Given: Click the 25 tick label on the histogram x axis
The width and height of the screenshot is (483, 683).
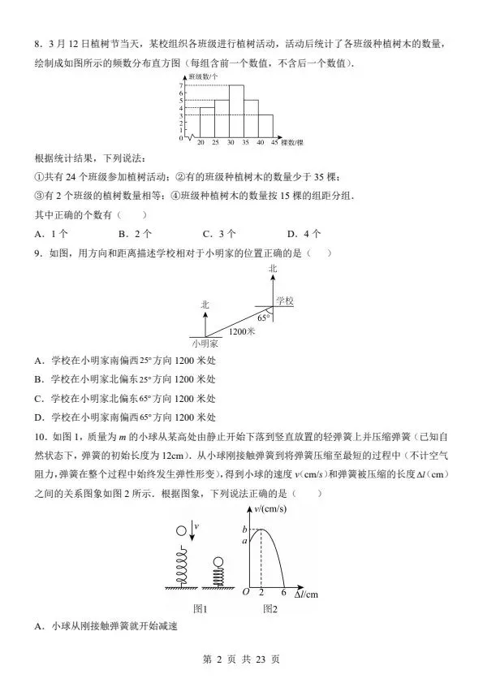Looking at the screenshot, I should pos(215,143).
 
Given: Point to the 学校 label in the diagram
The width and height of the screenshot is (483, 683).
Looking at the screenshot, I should pos(284,300).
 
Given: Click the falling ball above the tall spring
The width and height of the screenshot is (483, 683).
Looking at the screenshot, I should pos(181,531).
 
